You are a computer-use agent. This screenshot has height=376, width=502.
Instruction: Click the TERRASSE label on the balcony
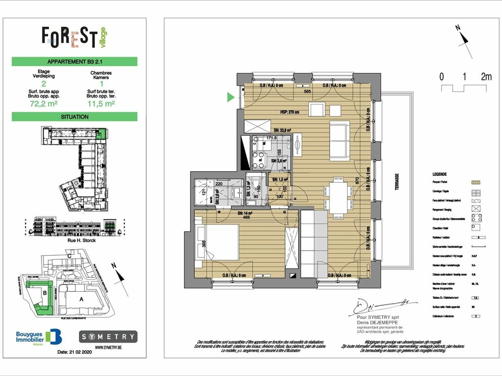(396, 182)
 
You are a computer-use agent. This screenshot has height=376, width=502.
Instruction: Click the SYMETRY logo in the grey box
(108, 336)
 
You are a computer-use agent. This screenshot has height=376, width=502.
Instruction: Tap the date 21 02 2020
(76, 351)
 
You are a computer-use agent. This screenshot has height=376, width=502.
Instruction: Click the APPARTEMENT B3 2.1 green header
(74, 62)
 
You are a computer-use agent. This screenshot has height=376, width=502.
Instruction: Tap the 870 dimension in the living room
(358, 181)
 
